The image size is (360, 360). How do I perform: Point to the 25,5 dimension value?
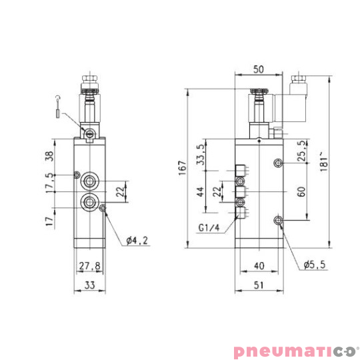coord(301,152)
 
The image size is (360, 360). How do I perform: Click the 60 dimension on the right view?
coord(301,191)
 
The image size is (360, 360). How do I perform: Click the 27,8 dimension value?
coord(88,266)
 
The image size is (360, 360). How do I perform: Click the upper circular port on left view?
coord(88,181)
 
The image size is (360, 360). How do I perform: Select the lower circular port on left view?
coord(88,201)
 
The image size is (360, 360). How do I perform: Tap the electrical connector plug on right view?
coord(297,101)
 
